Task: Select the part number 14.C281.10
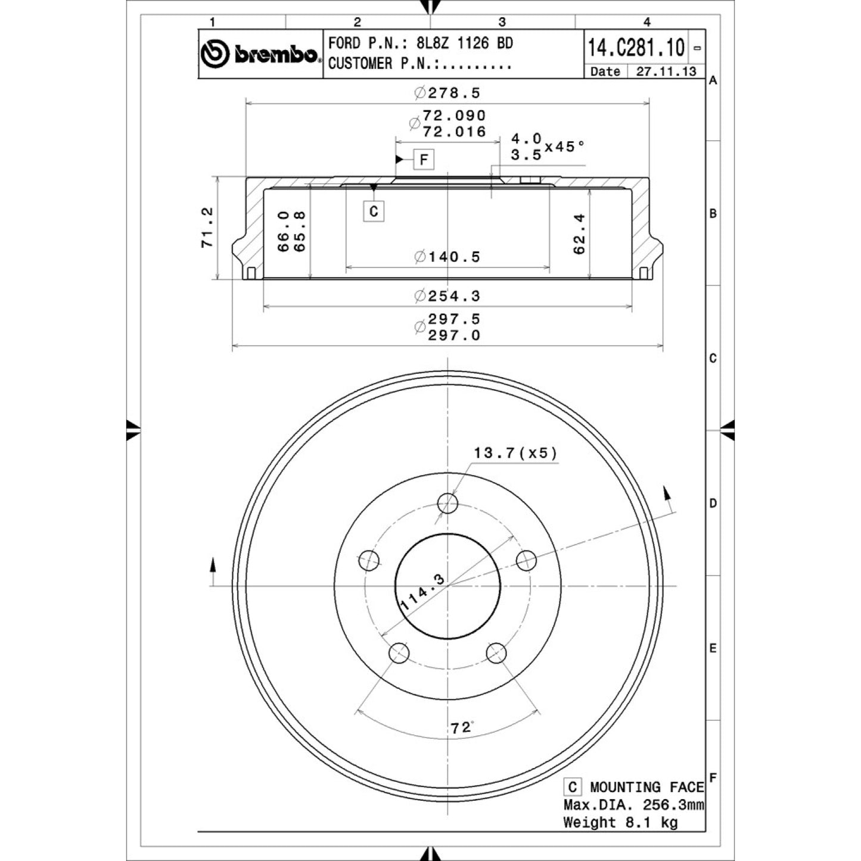pyautogui.click(x=636, y=47)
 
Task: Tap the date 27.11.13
pyautogui.click(x=666, y=72)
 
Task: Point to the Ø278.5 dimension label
pyautogui.click(x=447, y=93)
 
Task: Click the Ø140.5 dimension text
pyautogui.click(x=447, y=257)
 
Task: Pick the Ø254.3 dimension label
pyautogui.click(x=447, y=296)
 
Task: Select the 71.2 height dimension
pyautogui.click(x=207, y=228)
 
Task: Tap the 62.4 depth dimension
pyautogui.click(x=579, y=234)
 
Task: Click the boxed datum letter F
pyautogui.click(x=424, y=160)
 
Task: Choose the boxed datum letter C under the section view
pyautogui.click(x=374, y=211)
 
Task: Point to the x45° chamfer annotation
pyautogui.click(x=564, y=146)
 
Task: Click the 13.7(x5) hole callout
pyautogui.click(x=515, y=453)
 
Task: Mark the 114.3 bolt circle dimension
pyautogui.click(x=422, y=592)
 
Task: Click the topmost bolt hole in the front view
pyautogui.click(x=447, y=503)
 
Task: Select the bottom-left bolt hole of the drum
pyautogui.click(x=399, y=653)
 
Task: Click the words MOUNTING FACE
pyautogui.click(x=647, y=787)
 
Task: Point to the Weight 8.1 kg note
pyautogui.click(x=621, y=822)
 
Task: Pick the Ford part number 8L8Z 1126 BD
pyautogui.click(x=465, y=43)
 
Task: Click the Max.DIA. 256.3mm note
pyautogui.click(x=634, y=805)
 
